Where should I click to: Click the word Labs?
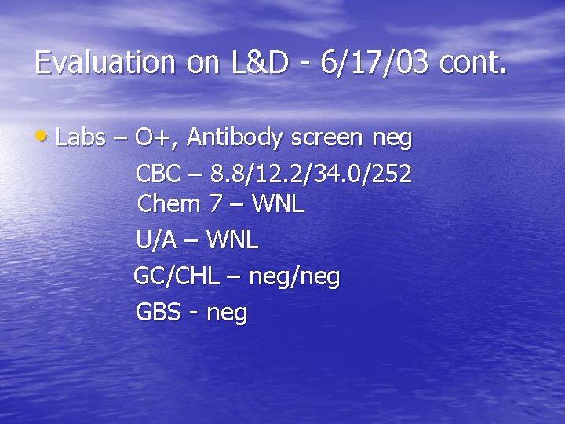81,137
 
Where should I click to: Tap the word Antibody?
235,138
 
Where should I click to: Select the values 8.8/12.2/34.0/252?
311,173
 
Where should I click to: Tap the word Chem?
169,205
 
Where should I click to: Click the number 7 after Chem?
215,205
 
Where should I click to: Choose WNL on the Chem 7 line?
278,205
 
